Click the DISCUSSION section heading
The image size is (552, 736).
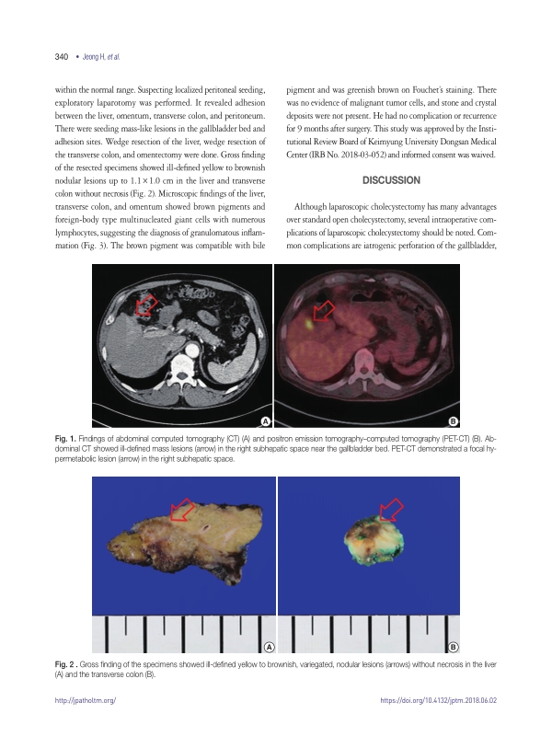click(x=392, y=179)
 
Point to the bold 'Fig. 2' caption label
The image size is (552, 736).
click(x=68, y=664)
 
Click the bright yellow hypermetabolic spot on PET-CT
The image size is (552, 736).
click(x=310, y=324)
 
